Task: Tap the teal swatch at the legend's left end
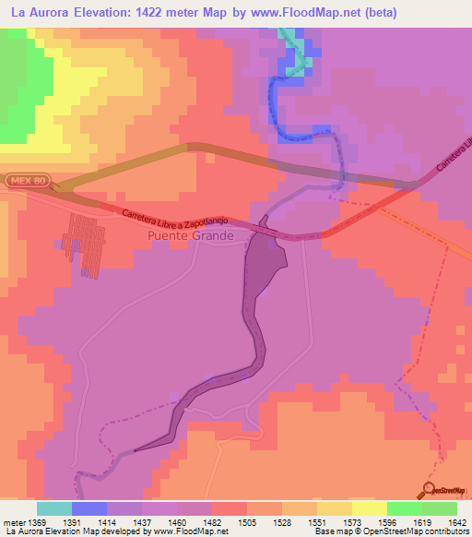click(54, 508)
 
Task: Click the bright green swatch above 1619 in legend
click(405, 508)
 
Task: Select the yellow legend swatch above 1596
click(370, 508)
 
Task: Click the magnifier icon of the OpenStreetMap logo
click(428, 489)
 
